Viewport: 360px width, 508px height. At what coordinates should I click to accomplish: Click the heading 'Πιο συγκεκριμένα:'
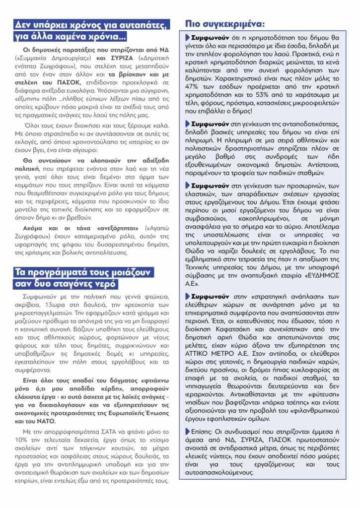pos(224,23)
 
